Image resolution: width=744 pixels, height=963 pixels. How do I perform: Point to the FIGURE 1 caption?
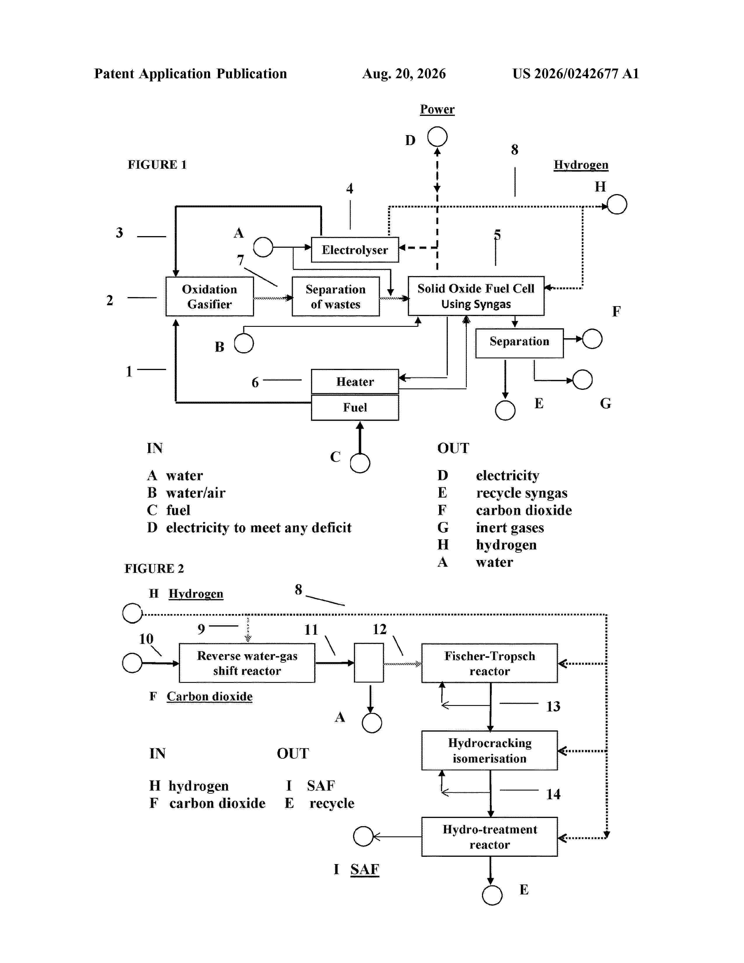tap(157, 165)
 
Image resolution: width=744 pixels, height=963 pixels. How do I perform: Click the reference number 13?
tap(553, 706)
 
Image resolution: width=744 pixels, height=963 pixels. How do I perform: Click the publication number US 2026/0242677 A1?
tap(576, 74)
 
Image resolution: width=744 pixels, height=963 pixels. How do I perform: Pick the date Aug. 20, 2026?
tap(404, 74)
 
